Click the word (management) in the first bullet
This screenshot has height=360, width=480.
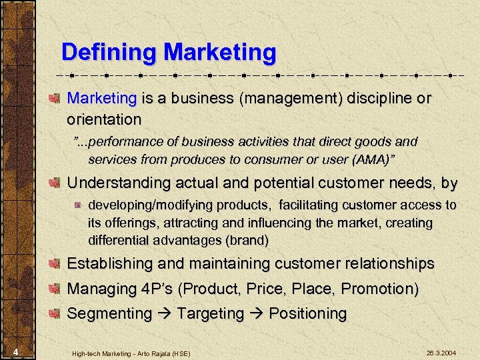(291, 99)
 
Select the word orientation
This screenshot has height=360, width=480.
(104, 119)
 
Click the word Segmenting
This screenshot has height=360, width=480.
(110, 313)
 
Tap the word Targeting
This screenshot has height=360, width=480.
(211, 313)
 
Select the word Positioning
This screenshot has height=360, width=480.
(307, 313)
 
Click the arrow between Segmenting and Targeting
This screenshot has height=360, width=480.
(165, 313)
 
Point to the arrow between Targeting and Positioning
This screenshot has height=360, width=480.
(257, 313)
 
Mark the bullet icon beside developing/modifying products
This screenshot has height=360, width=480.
(77, 205)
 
